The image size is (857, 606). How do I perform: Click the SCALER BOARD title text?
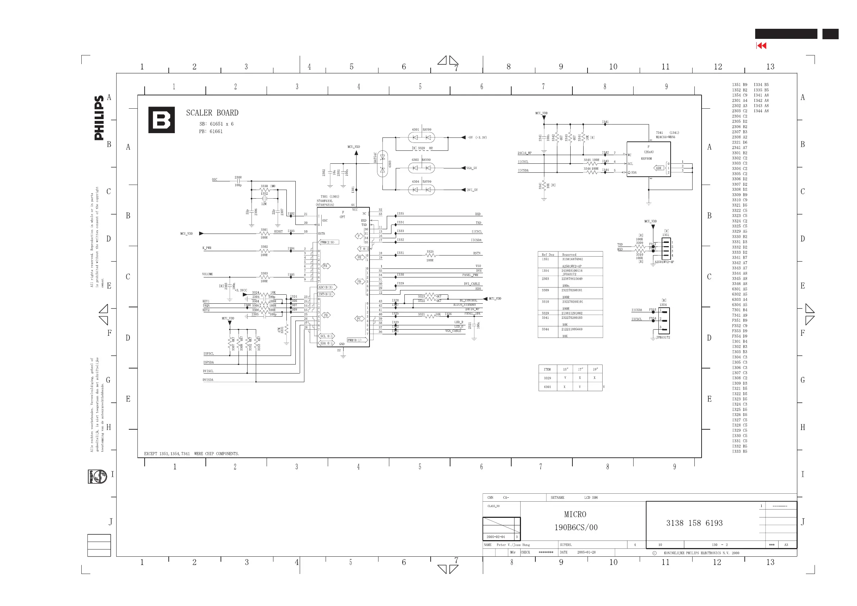[x=212, y=113]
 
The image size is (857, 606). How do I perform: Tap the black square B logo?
[x=161, y=120]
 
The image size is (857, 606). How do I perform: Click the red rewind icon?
[x=761, y=46]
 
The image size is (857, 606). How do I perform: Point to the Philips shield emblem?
[x=98, y=476]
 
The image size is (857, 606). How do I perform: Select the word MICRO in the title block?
[x=575, y=514]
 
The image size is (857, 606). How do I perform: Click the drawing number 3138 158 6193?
[x=694, y=523]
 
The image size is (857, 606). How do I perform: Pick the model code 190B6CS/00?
[x=576, y=527]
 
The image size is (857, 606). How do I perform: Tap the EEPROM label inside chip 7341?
[x=646, y=158]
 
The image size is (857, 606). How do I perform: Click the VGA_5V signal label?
[x=471, y=168]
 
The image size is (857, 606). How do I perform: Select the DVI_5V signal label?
[x=472, y=190]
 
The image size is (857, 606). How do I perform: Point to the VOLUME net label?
[x=208, y=274]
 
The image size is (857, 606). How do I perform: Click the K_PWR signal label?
[x=207, y=248]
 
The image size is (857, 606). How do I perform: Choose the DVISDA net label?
[x=208, y=380]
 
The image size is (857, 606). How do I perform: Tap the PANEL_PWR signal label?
[x=470, y=275]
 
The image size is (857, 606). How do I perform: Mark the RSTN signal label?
[x=477, y=253]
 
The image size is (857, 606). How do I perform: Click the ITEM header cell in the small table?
[x=547, y=369]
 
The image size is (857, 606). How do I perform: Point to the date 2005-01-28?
[x=586, y=552]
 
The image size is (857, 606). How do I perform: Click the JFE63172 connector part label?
[x=663, y=337]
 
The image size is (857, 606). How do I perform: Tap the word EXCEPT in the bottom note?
[x=150, y=454]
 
